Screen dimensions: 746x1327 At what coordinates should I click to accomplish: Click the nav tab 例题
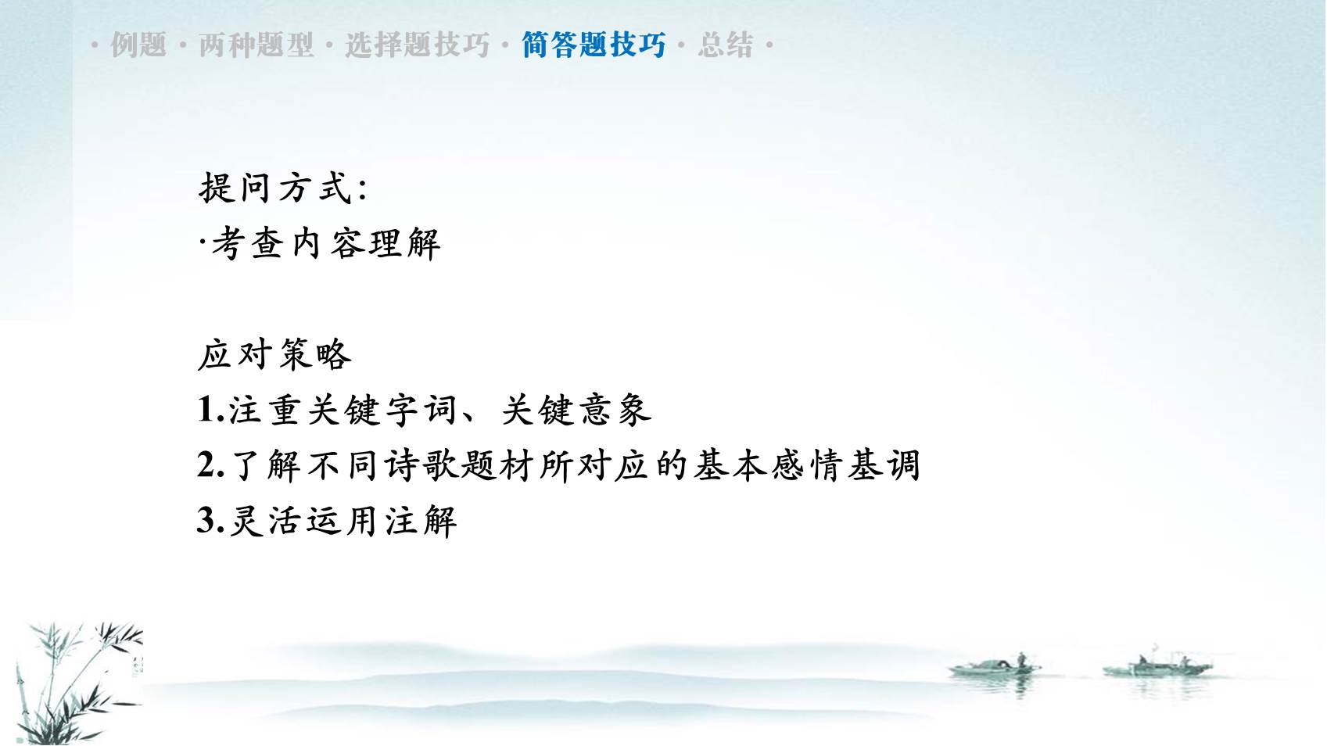coord(138,45)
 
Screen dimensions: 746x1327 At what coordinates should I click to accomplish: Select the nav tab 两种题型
coord(256,45)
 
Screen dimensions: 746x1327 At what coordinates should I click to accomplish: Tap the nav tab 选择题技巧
coord(417,45)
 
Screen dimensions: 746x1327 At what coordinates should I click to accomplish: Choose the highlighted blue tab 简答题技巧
coord(594,45)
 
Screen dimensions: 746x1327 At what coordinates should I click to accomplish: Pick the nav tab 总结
coord(726,45)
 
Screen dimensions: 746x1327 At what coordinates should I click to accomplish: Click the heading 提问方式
coord(275,188)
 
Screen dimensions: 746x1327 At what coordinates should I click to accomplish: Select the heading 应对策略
coord(274,355)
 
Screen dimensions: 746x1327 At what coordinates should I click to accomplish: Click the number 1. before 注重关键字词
coord(210,410)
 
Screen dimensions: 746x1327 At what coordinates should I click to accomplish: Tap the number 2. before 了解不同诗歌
coord(210,465)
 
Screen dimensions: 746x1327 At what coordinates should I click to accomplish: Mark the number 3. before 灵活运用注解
coord(210,521)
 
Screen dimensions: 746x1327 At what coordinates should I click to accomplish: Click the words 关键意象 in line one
coord(576,411)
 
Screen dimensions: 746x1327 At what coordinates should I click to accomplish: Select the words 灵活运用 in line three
coord(306,522)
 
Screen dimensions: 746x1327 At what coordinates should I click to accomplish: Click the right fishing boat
coord(1157,666)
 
